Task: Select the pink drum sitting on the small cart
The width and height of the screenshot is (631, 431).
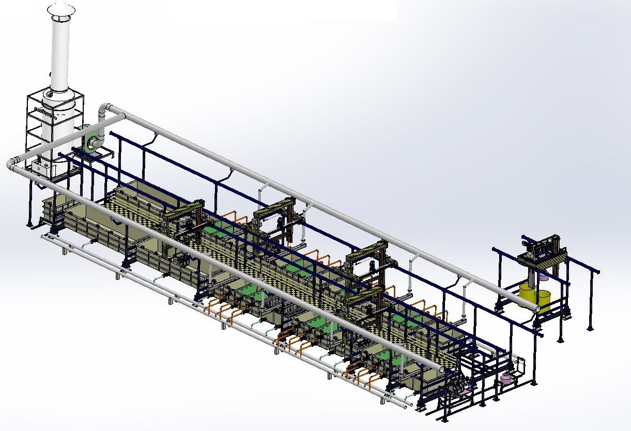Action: [506, 379]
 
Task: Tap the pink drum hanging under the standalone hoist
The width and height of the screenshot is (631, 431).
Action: [543, 277]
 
